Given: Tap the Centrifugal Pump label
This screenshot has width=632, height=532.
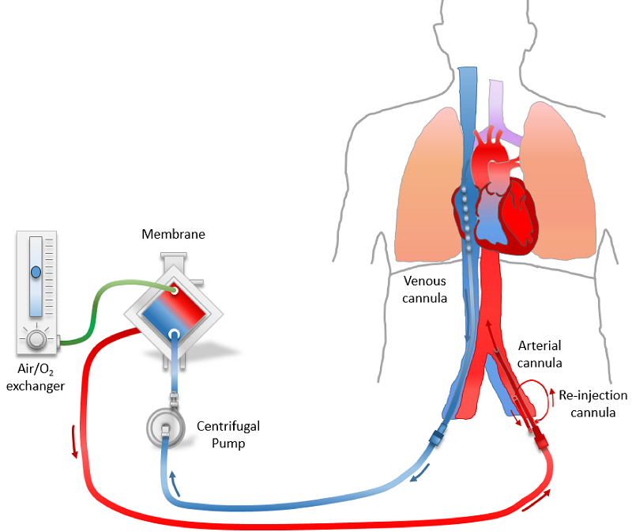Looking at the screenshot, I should (x=228, y=435).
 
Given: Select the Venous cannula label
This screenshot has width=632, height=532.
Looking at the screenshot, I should (x=425, y=289).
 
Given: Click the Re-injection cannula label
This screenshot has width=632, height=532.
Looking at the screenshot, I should (x=592, y=403).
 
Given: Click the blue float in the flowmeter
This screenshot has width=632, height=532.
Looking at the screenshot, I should (x=36, y=274).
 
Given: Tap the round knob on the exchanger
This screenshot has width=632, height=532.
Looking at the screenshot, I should (x=36, y=340).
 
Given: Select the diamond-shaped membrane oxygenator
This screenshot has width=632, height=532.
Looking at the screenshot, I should (x=171, y=309).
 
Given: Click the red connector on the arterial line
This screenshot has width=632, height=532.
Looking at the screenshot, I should (x=542, y=438).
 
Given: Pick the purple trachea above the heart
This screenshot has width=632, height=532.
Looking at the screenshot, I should (x=498, y=111).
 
